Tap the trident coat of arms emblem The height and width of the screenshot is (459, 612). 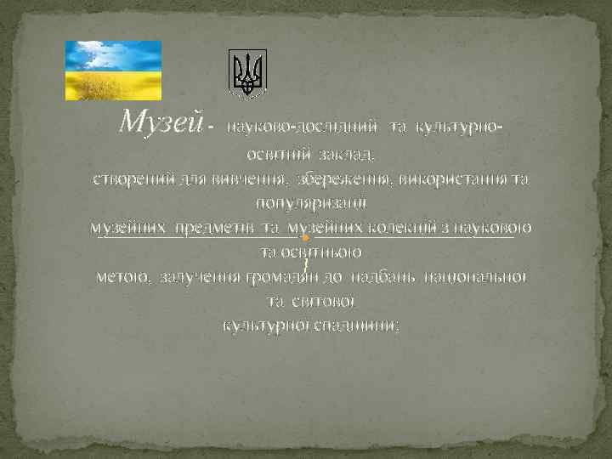[248, 72]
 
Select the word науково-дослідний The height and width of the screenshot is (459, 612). [303, 127]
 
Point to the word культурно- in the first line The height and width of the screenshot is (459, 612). [458, 127]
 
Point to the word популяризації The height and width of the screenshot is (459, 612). [305, 203]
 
